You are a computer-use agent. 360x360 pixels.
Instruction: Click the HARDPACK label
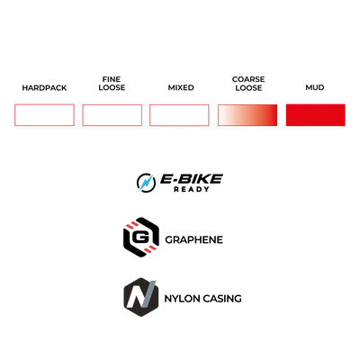tap(44, 88)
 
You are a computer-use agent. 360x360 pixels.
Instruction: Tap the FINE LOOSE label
tap(112, 84)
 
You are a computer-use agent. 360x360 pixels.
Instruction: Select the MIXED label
tap(181, 87)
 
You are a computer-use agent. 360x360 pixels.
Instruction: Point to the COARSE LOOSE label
tap(248, 84)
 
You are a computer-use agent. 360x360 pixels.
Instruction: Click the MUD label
tap(315, 87)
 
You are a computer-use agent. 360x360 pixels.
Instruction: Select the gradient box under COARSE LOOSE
tap(247, 115)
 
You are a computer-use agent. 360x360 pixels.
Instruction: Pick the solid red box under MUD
tap(316, 115)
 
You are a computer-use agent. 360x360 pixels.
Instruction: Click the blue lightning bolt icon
tap(146, 183)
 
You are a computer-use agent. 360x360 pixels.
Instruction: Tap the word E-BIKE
tap(191, 179)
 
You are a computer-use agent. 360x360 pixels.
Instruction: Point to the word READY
tap(192, 189)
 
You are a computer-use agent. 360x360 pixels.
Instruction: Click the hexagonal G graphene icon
tap(141, 238)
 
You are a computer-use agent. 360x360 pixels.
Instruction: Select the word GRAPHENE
tap(193, 239)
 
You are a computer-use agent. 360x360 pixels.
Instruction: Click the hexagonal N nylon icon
tap(141, 297)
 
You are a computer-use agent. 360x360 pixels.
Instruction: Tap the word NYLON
tap(182, 299)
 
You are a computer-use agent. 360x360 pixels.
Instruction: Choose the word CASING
tap(222, 299)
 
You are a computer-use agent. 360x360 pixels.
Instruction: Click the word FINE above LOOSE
tap(112, 79)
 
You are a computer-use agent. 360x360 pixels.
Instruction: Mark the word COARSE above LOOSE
tap(248, 79)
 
